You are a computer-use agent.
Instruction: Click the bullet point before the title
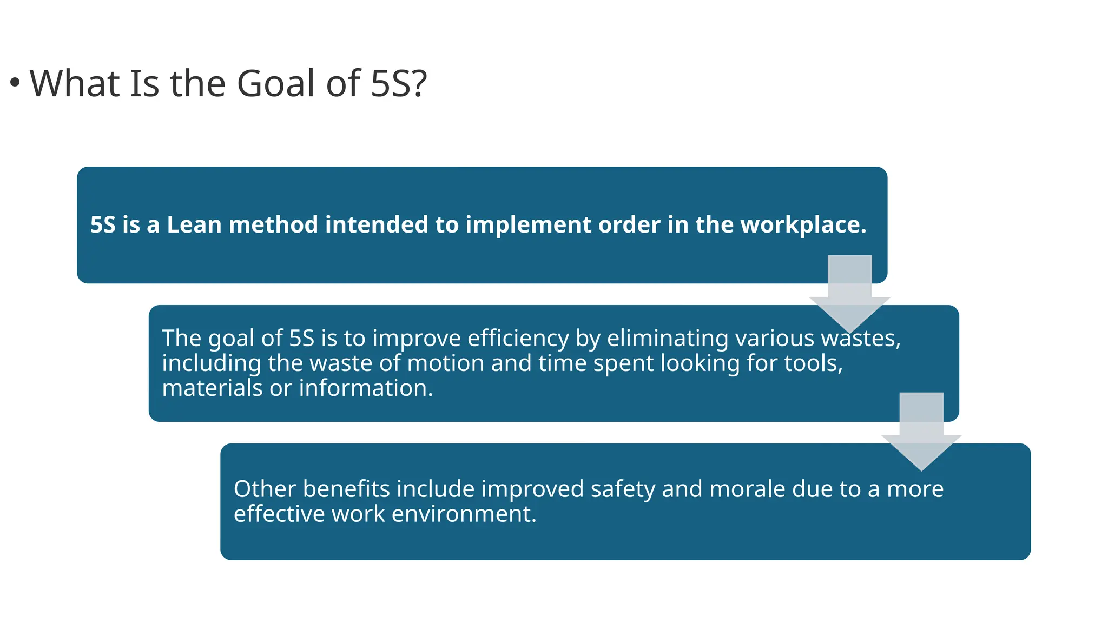15,83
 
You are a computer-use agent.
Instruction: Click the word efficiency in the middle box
518,339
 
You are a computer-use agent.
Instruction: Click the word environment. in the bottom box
464,514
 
